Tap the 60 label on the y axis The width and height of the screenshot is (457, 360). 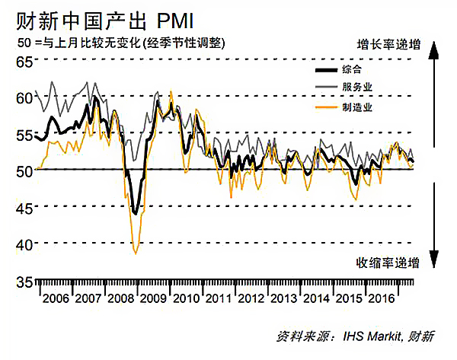point(24,97)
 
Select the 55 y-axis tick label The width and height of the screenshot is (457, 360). point(24,134)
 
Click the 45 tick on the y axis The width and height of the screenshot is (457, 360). point(24,207)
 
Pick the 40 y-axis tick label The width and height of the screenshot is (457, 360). point(24,244)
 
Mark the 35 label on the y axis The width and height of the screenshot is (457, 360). point(24,281)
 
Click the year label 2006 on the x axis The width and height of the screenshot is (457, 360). point(56,298)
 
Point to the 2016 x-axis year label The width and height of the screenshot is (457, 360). point(381,298)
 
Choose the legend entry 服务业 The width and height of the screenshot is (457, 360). point(358,88)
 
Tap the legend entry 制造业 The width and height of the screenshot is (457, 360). point(358,107)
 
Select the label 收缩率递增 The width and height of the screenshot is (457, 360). point(388,264)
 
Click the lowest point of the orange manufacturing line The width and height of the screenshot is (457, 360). point(136,253)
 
